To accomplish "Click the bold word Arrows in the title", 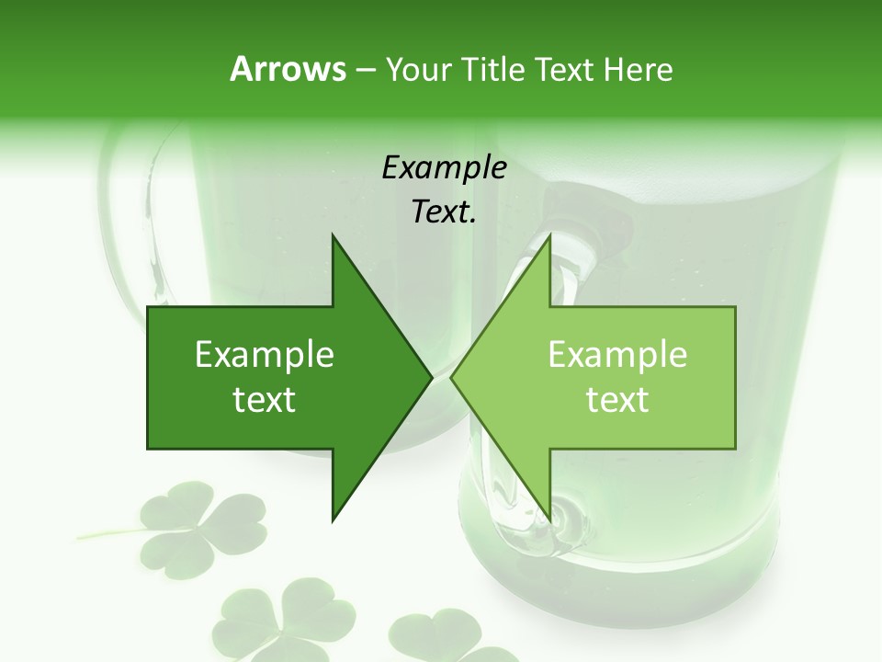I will point(287,70).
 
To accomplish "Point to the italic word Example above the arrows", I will point(444,167).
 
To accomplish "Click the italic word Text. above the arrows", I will point(444,212).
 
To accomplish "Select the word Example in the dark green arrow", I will point(265,355).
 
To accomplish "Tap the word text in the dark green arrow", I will point(265,400).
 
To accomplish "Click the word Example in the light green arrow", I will point(617,355).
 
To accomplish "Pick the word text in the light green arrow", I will point(617,400).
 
